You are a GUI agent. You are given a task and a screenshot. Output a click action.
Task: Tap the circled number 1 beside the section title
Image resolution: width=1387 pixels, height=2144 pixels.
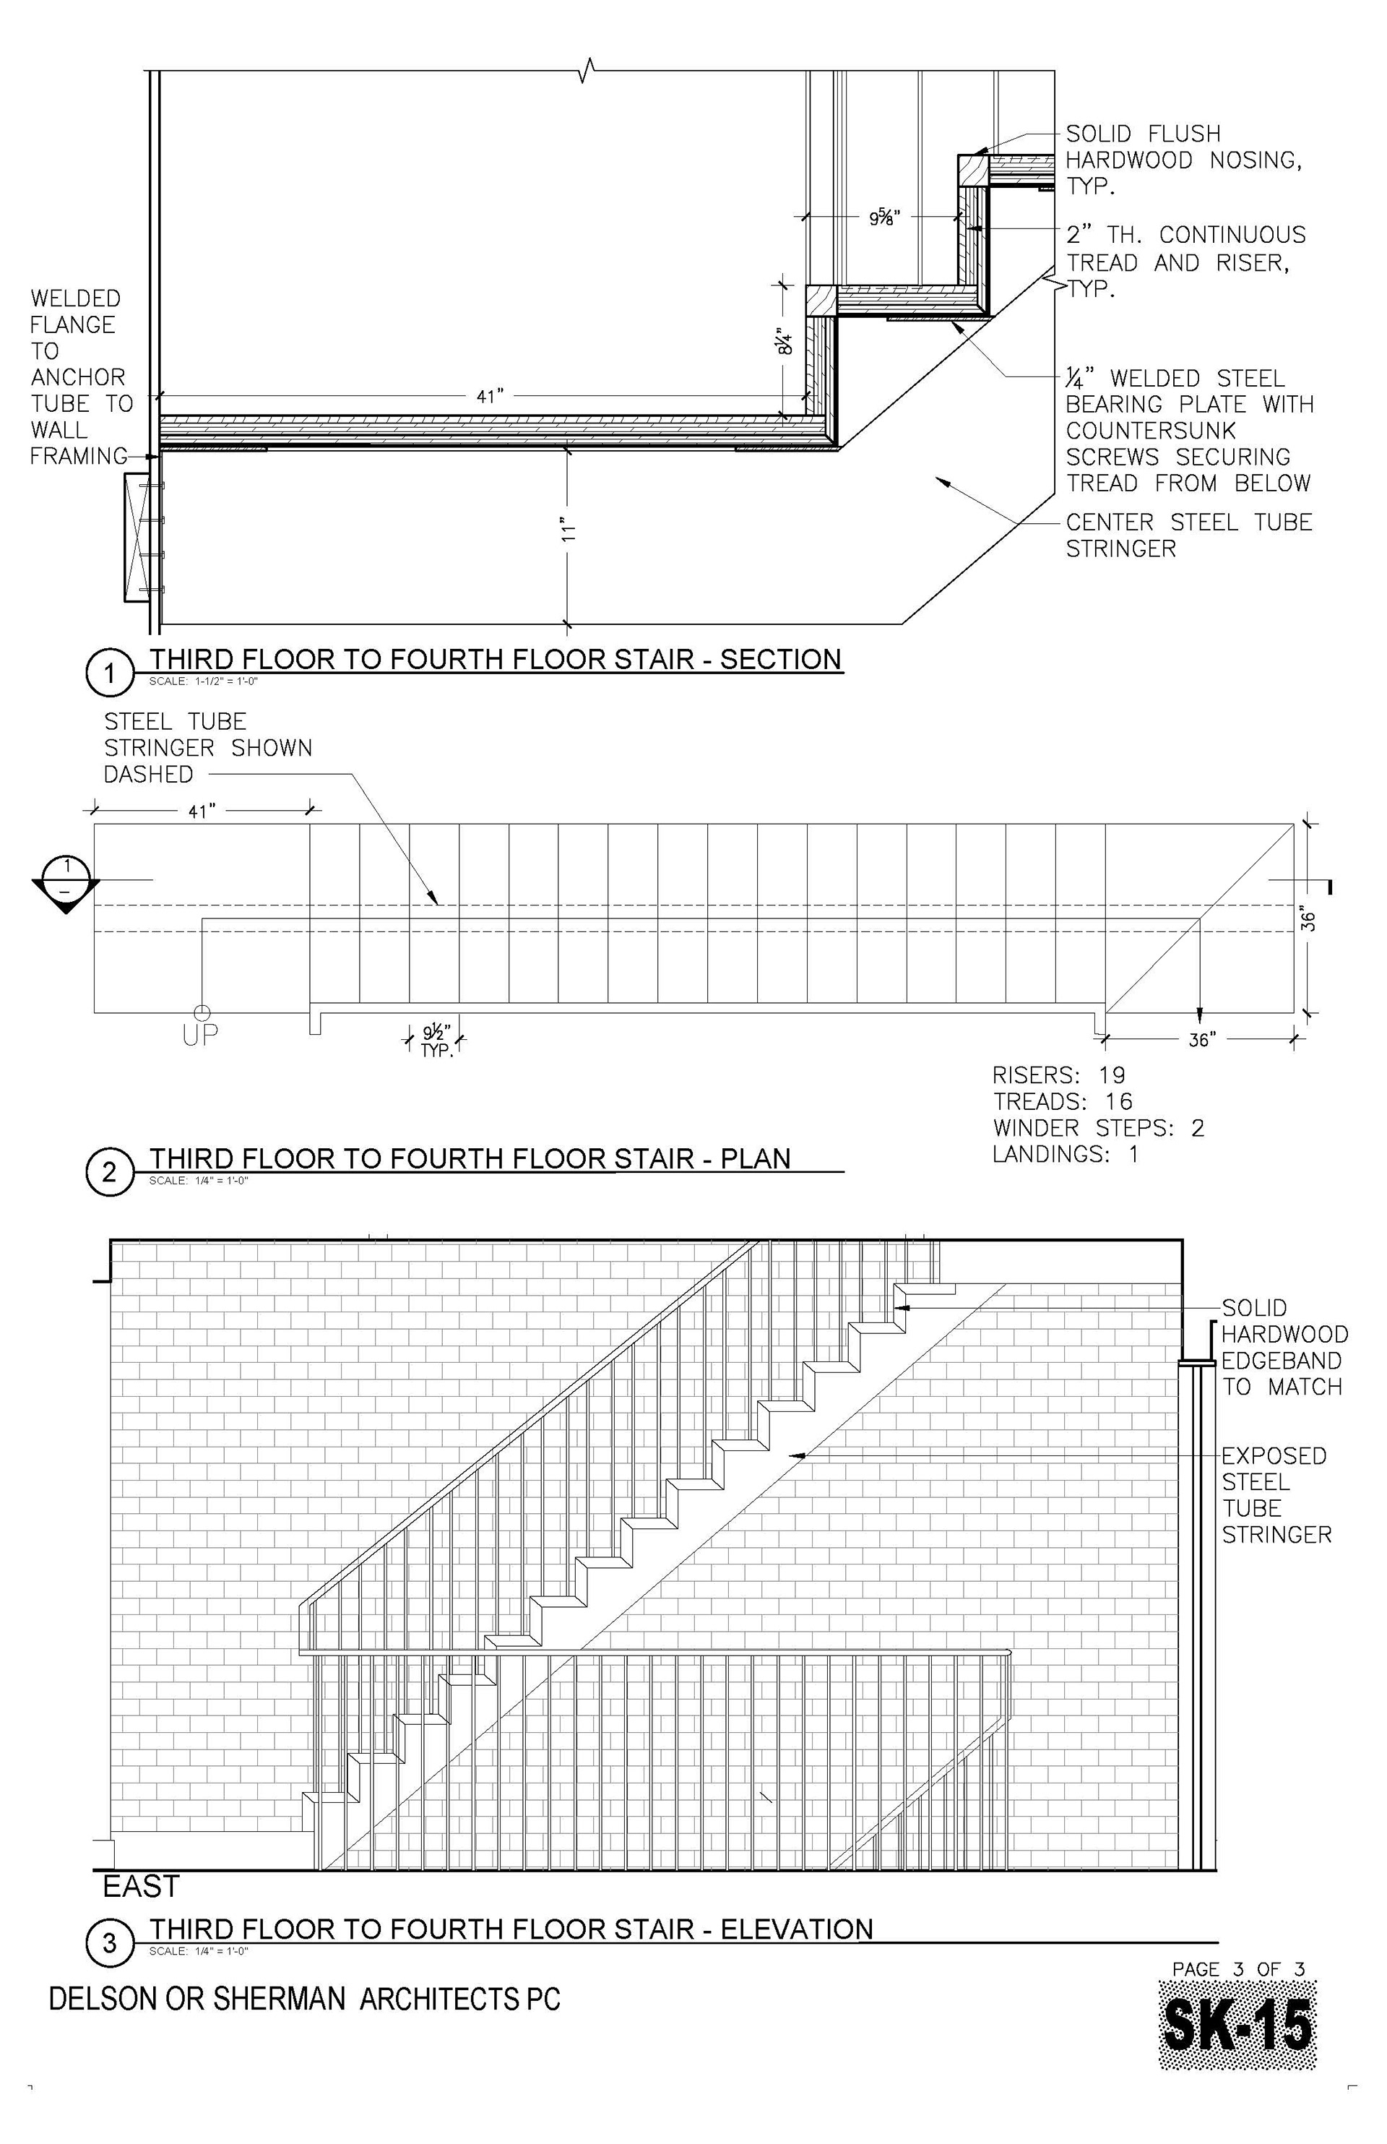(x=109, y=673)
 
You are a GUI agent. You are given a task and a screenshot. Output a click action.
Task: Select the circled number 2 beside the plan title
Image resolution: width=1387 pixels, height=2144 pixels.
(x=109, y=1172)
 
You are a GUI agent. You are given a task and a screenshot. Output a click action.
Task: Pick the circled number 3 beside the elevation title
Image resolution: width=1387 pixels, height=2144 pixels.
(x=109, y=1943)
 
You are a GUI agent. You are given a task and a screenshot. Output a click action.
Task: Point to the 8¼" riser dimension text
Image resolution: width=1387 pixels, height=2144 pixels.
(x=785, y=343)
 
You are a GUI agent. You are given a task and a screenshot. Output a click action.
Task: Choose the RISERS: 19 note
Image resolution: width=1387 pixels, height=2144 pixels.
(x=1059, y=1075)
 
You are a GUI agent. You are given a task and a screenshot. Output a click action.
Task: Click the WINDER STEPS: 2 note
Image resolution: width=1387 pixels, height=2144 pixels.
(x=1098, y=1128)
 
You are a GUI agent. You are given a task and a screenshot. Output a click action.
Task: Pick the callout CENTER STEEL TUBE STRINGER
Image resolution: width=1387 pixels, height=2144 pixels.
(x=1188, y=535)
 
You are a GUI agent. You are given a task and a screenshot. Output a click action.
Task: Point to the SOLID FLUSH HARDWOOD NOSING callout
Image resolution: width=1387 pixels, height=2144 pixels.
(x=1183, y=160)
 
